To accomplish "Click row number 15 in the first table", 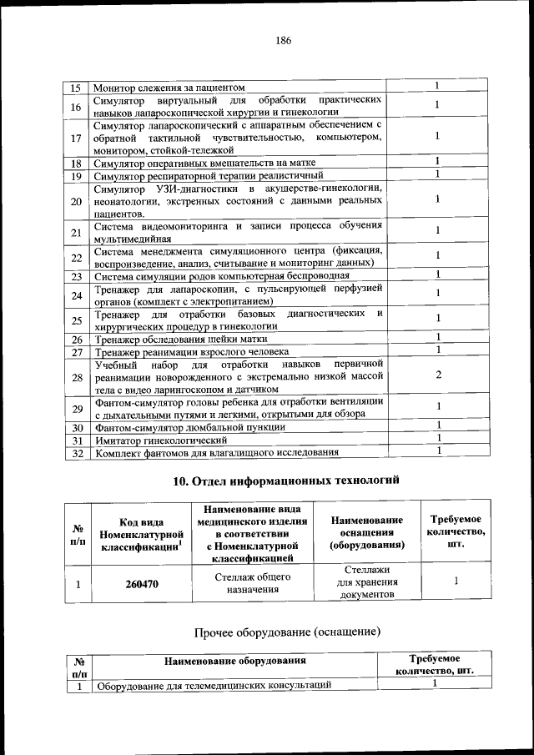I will click(75, 88).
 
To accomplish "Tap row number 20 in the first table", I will click(75, 202).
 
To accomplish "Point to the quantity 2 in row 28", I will click(437, 375).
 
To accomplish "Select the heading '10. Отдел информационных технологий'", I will click(286, 481).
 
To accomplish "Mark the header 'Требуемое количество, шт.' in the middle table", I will click(456, 531).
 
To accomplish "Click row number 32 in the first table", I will click(75, 453).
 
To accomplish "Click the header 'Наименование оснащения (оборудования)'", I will click(366, 532).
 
